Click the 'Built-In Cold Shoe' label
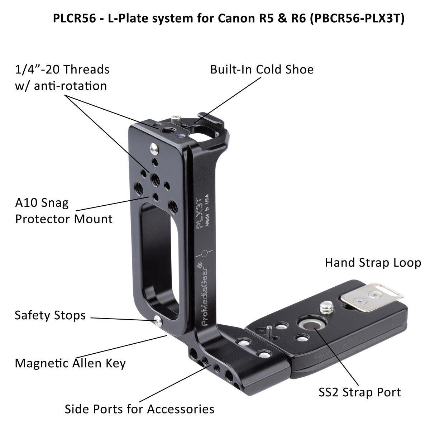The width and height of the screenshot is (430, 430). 262,69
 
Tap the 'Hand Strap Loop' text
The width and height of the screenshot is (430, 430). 373,263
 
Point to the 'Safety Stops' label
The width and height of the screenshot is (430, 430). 50,315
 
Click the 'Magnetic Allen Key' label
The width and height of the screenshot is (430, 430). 70,363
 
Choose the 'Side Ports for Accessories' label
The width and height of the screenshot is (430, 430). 139,408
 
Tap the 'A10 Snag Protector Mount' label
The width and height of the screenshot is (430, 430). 64,211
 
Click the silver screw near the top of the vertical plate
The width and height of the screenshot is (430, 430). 153,147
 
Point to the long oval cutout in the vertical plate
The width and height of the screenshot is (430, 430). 159,258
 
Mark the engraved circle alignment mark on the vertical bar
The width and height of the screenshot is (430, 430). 204,254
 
